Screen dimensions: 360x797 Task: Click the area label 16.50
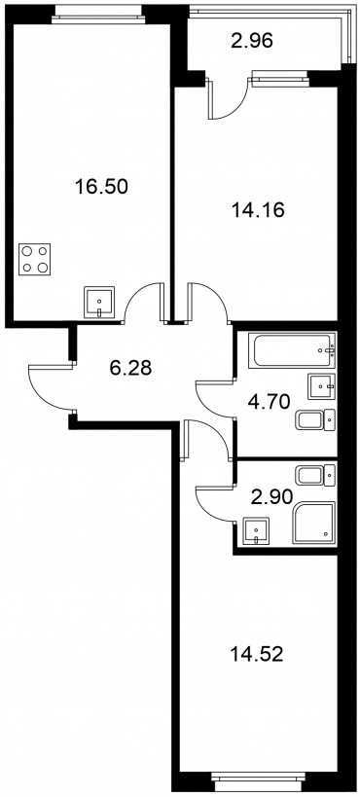pyautogui.click(x=100, y=187)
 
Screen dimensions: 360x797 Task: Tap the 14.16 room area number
pyautogui.click(x=257, y=209)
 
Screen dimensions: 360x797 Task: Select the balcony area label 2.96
pyautogui.click(x=252, y=40)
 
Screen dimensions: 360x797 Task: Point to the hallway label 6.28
pyautogui.click(x=130, y=367)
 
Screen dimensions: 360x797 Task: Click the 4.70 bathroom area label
pyautogui.click(x=269, y=402)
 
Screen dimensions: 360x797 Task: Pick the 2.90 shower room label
pyautogui.click(x=271, y=496)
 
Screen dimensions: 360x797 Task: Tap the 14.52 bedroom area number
pyautogui.click(x=256, y=654)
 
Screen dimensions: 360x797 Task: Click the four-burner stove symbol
pyautogui.click(x=35, y=260)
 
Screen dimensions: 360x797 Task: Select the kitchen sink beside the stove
pyautogui.click(x=99, y=303)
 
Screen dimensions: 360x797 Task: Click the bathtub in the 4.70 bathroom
pyautogui.click(x=292, y=350)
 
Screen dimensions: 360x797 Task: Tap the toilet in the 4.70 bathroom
pyautogui.click(x=316, y=419)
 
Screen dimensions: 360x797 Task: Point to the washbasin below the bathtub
pyautogui.click(x=321, y=386)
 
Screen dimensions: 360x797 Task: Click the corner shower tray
pyautogui.click(x=313, y=523)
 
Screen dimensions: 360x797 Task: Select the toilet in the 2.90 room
pyautogui.click(x=316, y=476)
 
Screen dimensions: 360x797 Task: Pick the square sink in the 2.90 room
pyautogui.click(x=256, y=531)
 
